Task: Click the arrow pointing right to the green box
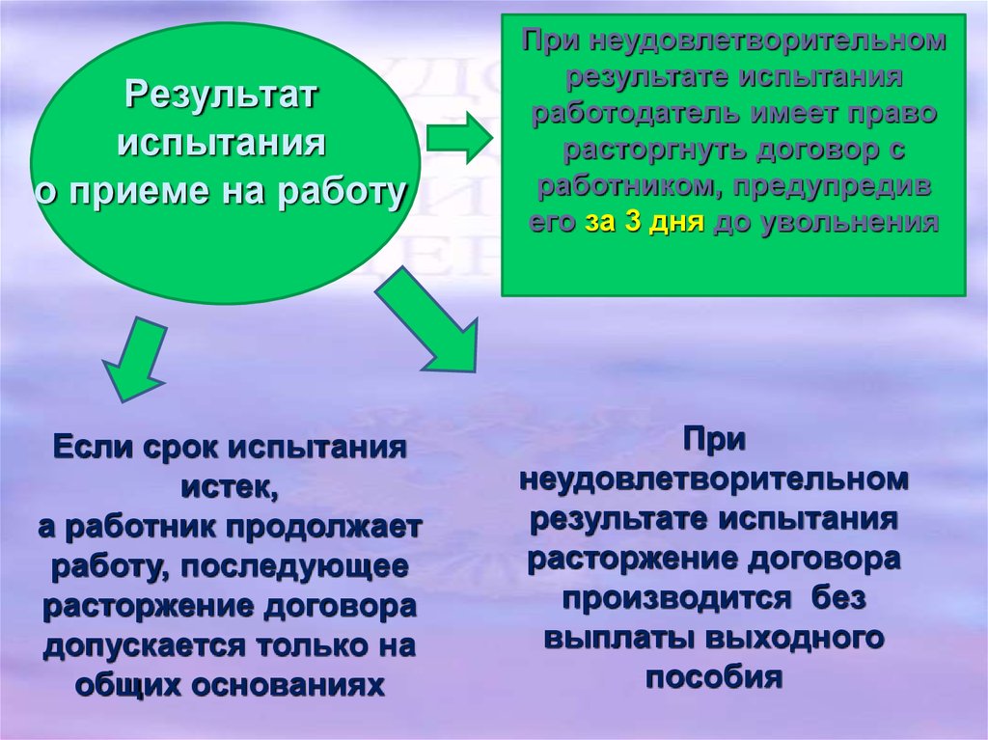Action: pyautogui.click(x=459, y=137)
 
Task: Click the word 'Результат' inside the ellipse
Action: pyautogui.click(x=221, y=96)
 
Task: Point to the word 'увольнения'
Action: pyautogui.click(x=850, y=223)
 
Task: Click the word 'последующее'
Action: pyautogui.click(x=294, y=566)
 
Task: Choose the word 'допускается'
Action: pyautogui.click(x=143, y=646)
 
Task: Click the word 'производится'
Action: pyautogui.click(x=676, y=597)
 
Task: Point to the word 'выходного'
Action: pyautogui.click(x=795, y=638)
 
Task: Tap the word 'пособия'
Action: pyautogui.click(x=714, y=677)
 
